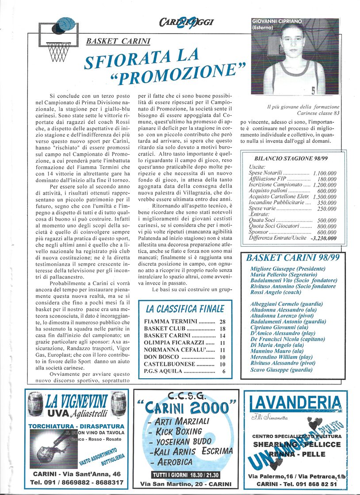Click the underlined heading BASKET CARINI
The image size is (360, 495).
point(118,41)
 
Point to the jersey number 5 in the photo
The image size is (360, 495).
point(313,91)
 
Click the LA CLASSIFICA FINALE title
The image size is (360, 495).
point(185,308)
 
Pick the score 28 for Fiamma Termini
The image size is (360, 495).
point(222,321)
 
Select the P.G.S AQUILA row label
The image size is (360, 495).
point(163,371)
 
